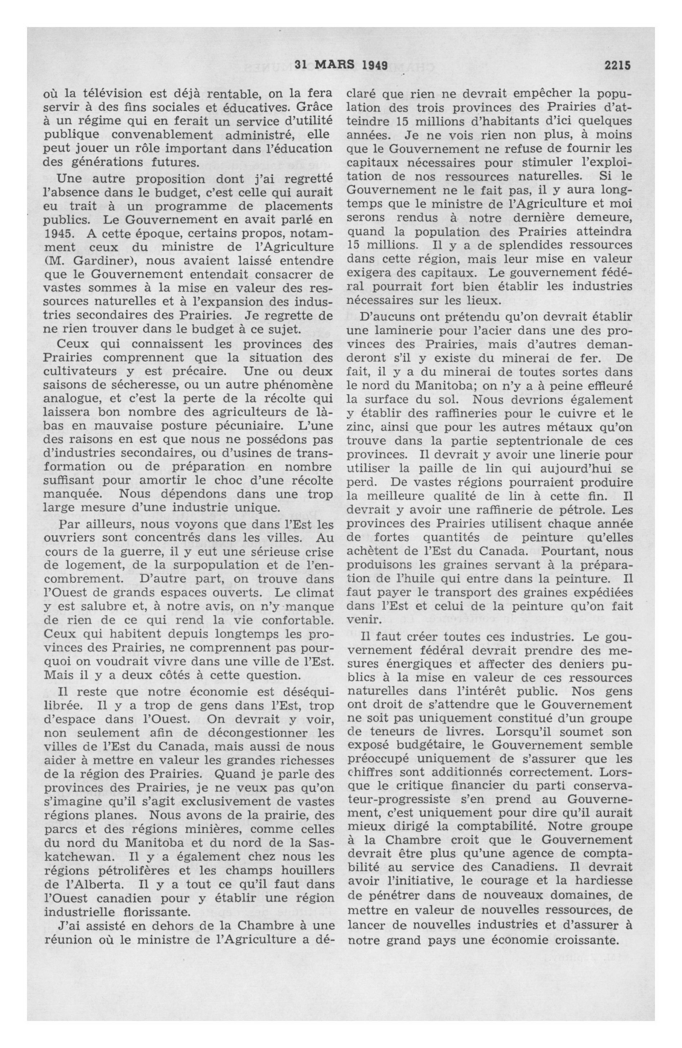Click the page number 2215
tap(618, 66)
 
